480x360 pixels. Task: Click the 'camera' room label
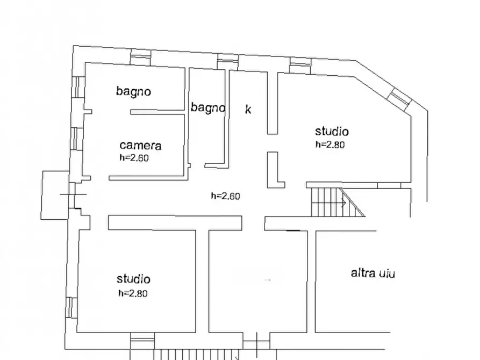140,145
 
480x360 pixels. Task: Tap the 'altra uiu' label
373,273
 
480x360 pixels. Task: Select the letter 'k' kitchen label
248,110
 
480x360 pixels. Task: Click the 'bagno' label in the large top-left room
133,91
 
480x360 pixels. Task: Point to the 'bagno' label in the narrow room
207,108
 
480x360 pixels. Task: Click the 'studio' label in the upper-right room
332,132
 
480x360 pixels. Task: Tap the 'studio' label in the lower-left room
133,279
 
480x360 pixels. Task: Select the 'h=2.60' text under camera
133,158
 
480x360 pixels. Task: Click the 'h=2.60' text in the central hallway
225,196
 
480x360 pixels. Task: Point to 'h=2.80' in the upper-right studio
329,144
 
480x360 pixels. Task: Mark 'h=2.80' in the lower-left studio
132,293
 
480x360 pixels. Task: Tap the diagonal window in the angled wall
399,96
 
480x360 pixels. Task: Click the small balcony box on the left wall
55,195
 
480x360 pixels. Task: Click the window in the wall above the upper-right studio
300,65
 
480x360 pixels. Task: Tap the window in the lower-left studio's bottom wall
142,340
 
